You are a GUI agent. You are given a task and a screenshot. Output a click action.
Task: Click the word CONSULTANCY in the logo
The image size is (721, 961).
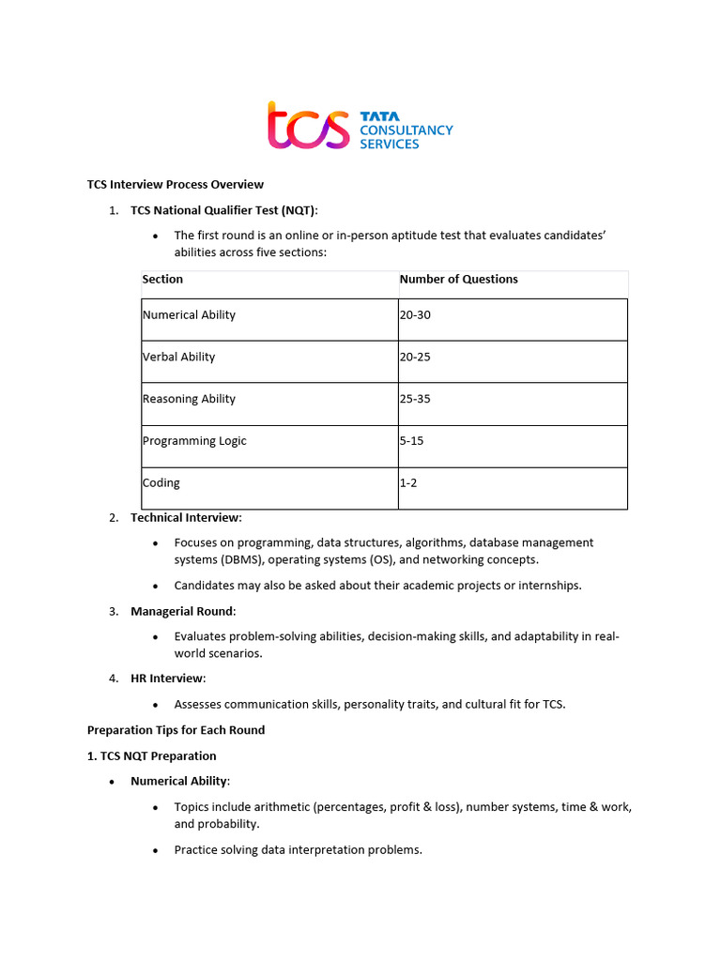407,130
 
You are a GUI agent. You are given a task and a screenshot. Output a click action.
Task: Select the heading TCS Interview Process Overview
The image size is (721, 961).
176,184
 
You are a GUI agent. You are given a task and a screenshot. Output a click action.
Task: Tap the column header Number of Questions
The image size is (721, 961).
458,279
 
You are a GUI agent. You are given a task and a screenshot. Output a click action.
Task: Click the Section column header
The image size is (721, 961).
162,279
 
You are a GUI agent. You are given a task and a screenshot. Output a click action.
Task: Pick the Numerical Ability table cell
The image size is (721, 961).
189,314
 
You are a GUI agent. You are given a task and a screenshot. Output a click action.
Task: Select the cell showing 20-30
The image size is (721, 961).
415,314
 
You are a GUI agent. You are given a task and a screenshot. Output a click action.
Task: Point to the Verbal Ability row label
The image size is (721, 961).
178,357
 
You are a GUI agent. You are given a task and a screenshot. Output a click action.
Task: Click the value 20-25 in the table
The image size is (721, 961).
415,357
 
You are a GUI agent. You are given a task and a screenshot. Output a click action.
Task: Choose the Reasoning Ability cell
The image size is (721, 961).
189,399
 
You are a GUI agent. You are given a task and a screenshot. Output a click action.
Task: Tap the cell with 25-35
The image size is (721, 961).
415,399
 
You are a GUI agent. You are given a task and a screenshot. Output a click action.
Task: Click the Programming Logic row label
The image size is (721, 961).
194,441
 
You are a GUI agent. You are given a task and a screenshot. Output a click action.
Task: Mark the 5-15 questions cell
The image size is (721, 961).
411,441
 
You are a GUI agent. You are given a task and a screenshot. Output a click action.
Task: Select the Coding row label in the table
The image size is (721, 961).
161,483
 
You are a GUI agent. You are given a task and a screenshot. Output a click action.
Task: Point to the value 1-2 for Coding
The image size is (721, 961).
408,483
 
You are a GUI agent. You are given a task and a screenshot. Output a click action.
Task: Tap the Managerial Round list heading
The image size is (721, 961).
183,611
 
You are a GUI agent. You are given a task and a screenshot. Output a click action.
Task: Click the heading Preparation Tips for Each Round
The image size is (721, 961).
176,730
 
